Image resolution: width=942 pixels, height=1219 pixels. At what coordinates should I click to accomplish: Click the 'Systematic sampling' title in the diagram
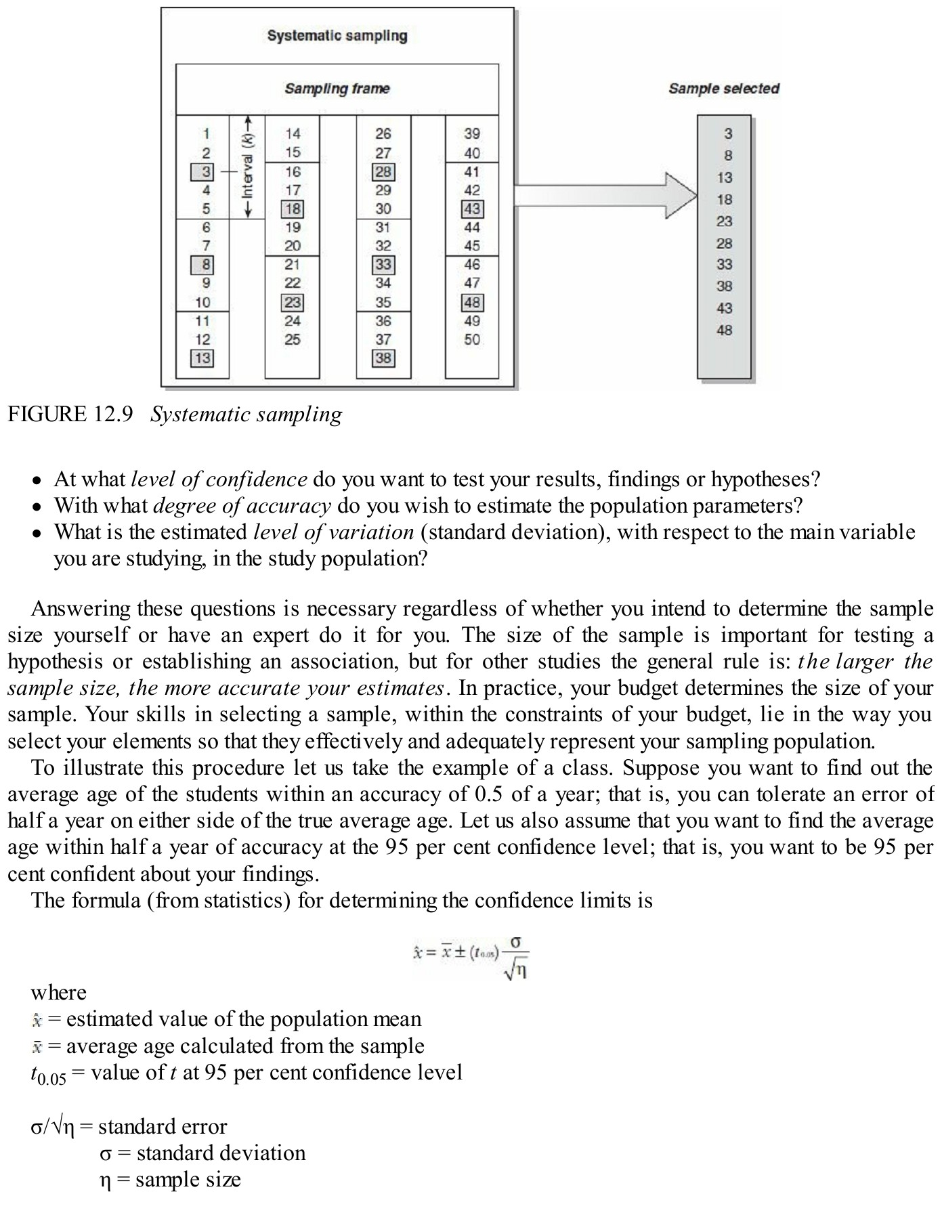[x=337, y=35]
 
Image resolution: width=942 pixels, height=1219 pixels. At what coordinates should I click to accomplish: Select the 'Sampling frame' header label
[x=337, y=89]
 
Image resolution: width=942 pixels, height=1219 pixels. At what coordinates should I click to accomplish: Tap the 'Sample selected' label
[x=723, y=89]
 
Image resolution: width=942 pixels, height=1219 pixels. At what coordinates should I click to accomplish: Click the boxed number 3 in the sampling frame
[x=202, y=172]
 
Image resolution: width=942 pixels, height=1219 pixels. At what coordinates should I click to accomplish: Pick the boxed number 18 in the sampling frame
[x=293, y=209]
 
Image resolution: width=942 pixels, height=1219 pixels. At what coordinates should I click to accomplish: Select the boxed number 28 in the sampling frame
[x=383, y=172]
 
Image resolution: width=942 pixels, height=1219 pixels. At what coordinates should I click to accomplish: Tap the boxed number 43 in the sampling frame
[x=472, y=209]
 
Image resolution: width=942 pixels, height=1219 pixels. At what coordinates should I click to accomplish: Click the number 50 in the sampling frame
[x=472, y=340]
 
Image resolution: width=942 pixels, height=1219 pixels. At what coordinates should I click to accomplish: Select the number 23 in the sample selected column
[x=724, y=221]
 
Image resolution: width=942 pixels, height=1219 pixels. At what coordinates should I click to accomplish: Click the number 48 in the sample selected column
[x=724, y=330]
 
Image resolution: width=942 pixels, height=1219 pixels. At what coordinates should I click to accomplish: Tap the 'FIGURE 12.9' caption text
[x=70, y=414]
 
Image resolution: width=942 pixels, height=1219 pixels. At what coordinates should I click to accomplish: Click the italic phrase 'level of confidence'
[x=219, y=479]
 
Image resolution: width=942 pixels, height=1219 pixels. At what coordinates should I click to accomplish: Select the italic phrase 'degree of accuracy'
[x=242, y=506]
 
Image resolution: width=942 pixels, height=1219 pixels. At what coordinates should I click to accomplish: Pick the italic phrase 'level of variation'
[x=333, y=532]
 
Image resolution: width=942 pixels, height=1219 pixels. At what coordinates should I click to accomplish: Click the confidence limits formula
[x=471, y=956]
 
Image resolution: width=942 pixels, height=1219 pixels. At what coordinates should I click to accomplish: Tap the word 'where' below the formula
[x=58, y=993]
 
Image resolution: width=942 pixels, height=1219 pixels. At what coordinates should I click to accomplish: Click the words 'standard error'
[x=163, y=1126]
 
